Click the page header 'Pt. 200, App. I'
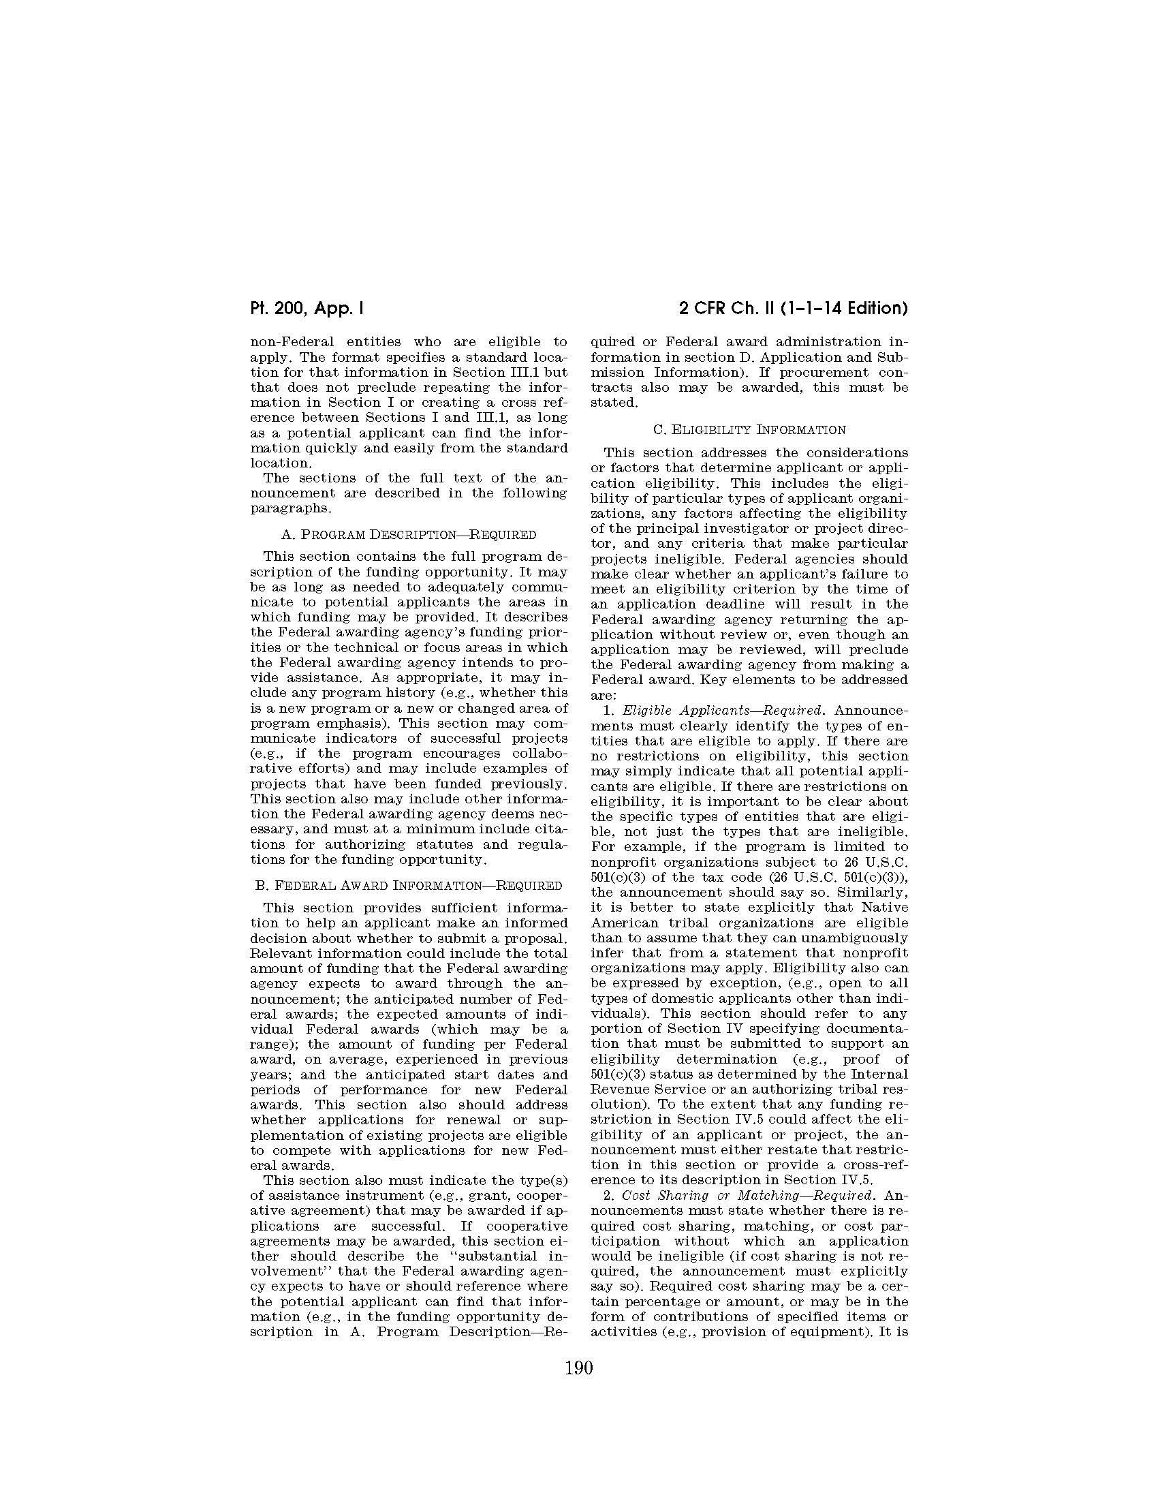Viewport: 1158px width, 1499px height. tap(306, 308)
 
